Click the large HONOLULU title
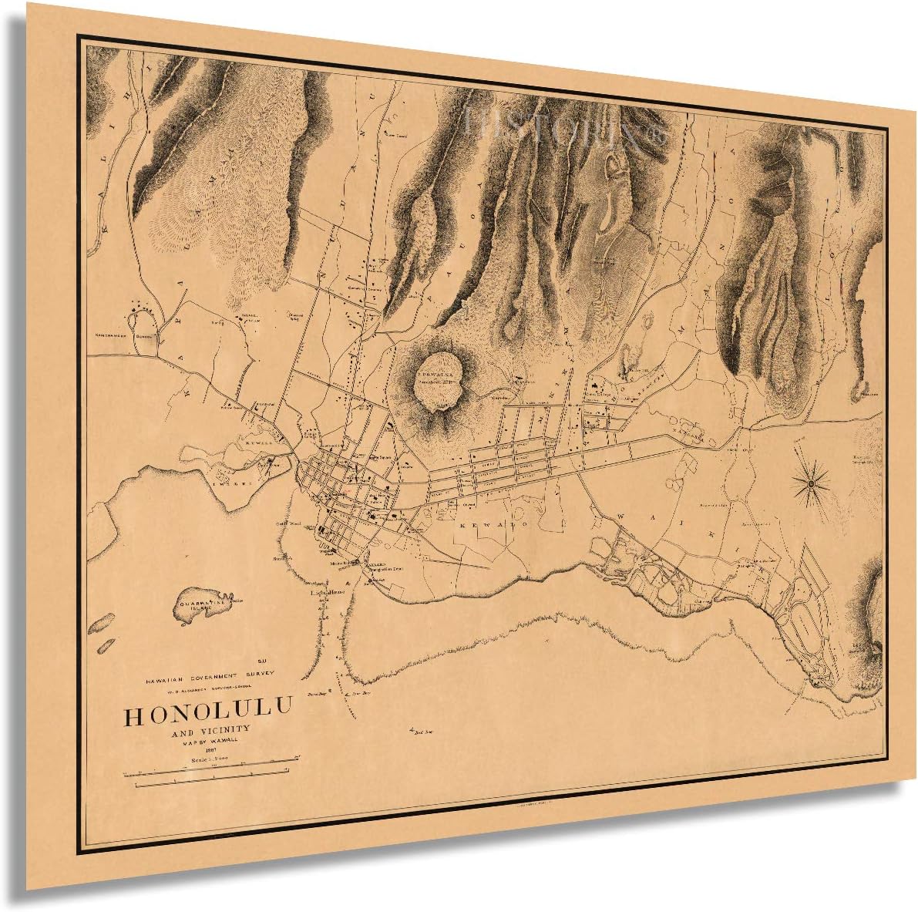pyautogui.click(x=208, y=715)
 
